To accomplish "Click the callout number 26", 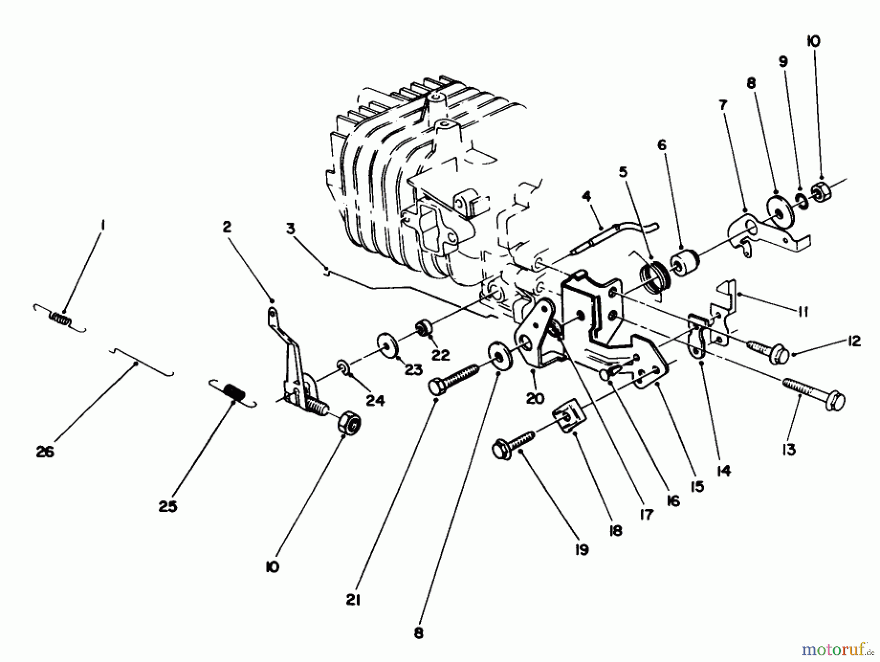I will point(45,452).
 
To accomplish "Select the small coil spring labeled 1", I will point(60,318).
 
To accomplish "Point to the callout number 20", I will point(535,398).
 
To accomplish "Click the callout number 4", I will point(586,197).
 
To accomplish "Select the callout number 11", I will point(802,312).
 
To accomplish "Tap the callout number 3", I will point(291,228).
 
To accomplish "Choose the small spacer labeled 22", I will point(422,328).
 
